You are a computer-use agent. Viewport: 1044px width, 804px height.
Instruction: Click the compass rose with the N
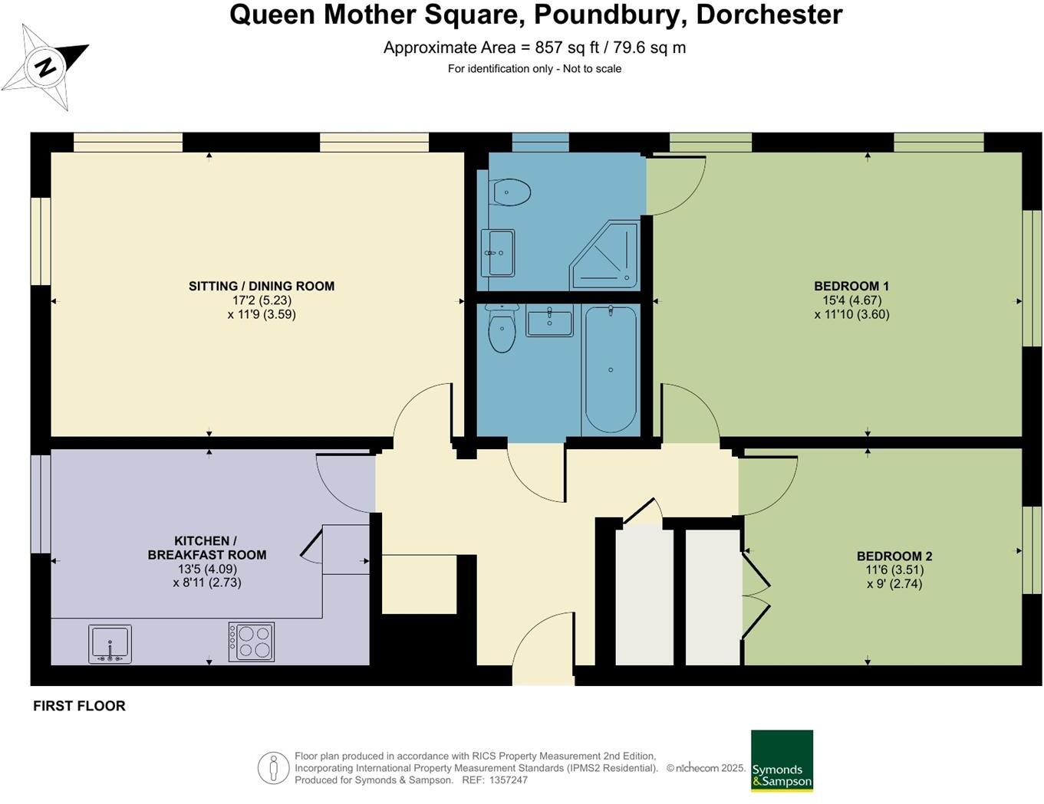45,67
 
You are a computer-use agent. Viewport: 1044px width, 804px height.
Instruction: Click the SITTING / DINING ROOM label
262,286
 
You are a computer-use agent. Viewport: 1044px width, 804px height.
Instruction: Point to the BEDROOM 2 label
894,556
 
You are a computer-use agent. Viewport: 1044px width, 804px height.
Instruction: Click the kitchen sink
110,644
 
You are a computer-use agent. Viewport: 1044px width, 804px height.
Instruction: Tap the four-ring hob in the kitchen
251,642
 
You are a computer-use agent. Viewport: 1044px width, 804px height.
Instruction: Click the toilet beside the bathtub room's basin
502,330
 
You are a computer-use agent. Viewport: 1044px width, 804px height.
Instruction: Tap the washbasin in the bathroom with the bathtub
549,320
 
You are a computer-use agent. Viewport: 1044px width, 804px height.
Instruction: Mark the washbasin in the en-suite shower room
499,252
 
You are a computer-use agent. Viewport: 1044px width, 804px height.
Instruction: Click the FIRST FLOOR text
79,706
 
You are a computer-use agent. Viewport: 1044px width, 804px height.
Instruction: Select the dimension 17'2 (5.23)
262,300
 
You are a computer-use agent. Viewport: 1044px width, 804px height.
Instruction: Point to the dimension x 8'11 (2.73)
207,582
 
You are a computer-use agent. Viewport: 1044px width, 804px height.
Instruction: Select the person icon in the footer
273,768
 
